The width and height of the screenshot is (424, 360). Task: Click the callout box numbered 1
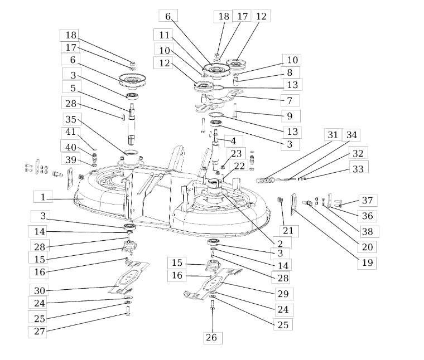pos(43,196)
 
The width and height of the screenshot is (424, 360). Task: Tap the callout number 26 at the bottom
pos(213,338)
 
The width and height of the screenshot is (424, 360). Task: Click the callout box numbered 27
pos(37,332)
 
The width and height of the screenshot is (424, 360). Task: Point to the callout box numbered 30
pos(39,290)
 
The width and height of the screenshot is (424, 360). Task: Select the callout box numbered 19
pos(367,263)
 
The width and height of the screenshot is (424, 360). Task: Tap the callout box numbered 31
pos(334,134)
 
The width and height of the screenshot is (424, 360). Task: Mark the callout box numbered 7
pos(290,100)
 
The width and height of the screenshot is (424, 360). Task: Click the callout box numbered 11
pos(163,35)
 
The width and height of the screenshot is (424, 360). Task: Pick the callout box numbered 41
pos(71,132)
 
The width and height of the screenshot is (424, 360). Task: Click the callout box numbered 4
pos(233,141)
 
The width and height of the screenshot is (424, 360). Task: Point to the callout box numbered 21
pos(289,231)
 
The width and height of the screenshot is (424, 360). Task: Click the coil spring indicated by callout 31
pos(265,180)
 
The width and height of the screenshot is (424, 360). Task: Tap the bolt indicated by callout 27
pos(128,311)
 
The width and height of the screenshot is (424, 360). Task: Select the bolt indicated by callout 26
pos(212,305)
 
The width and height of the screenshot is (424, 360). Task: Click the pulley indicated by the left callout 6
pos(133,80)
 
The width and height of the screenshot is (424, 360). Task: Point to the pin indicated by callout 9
pos(234,111)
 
